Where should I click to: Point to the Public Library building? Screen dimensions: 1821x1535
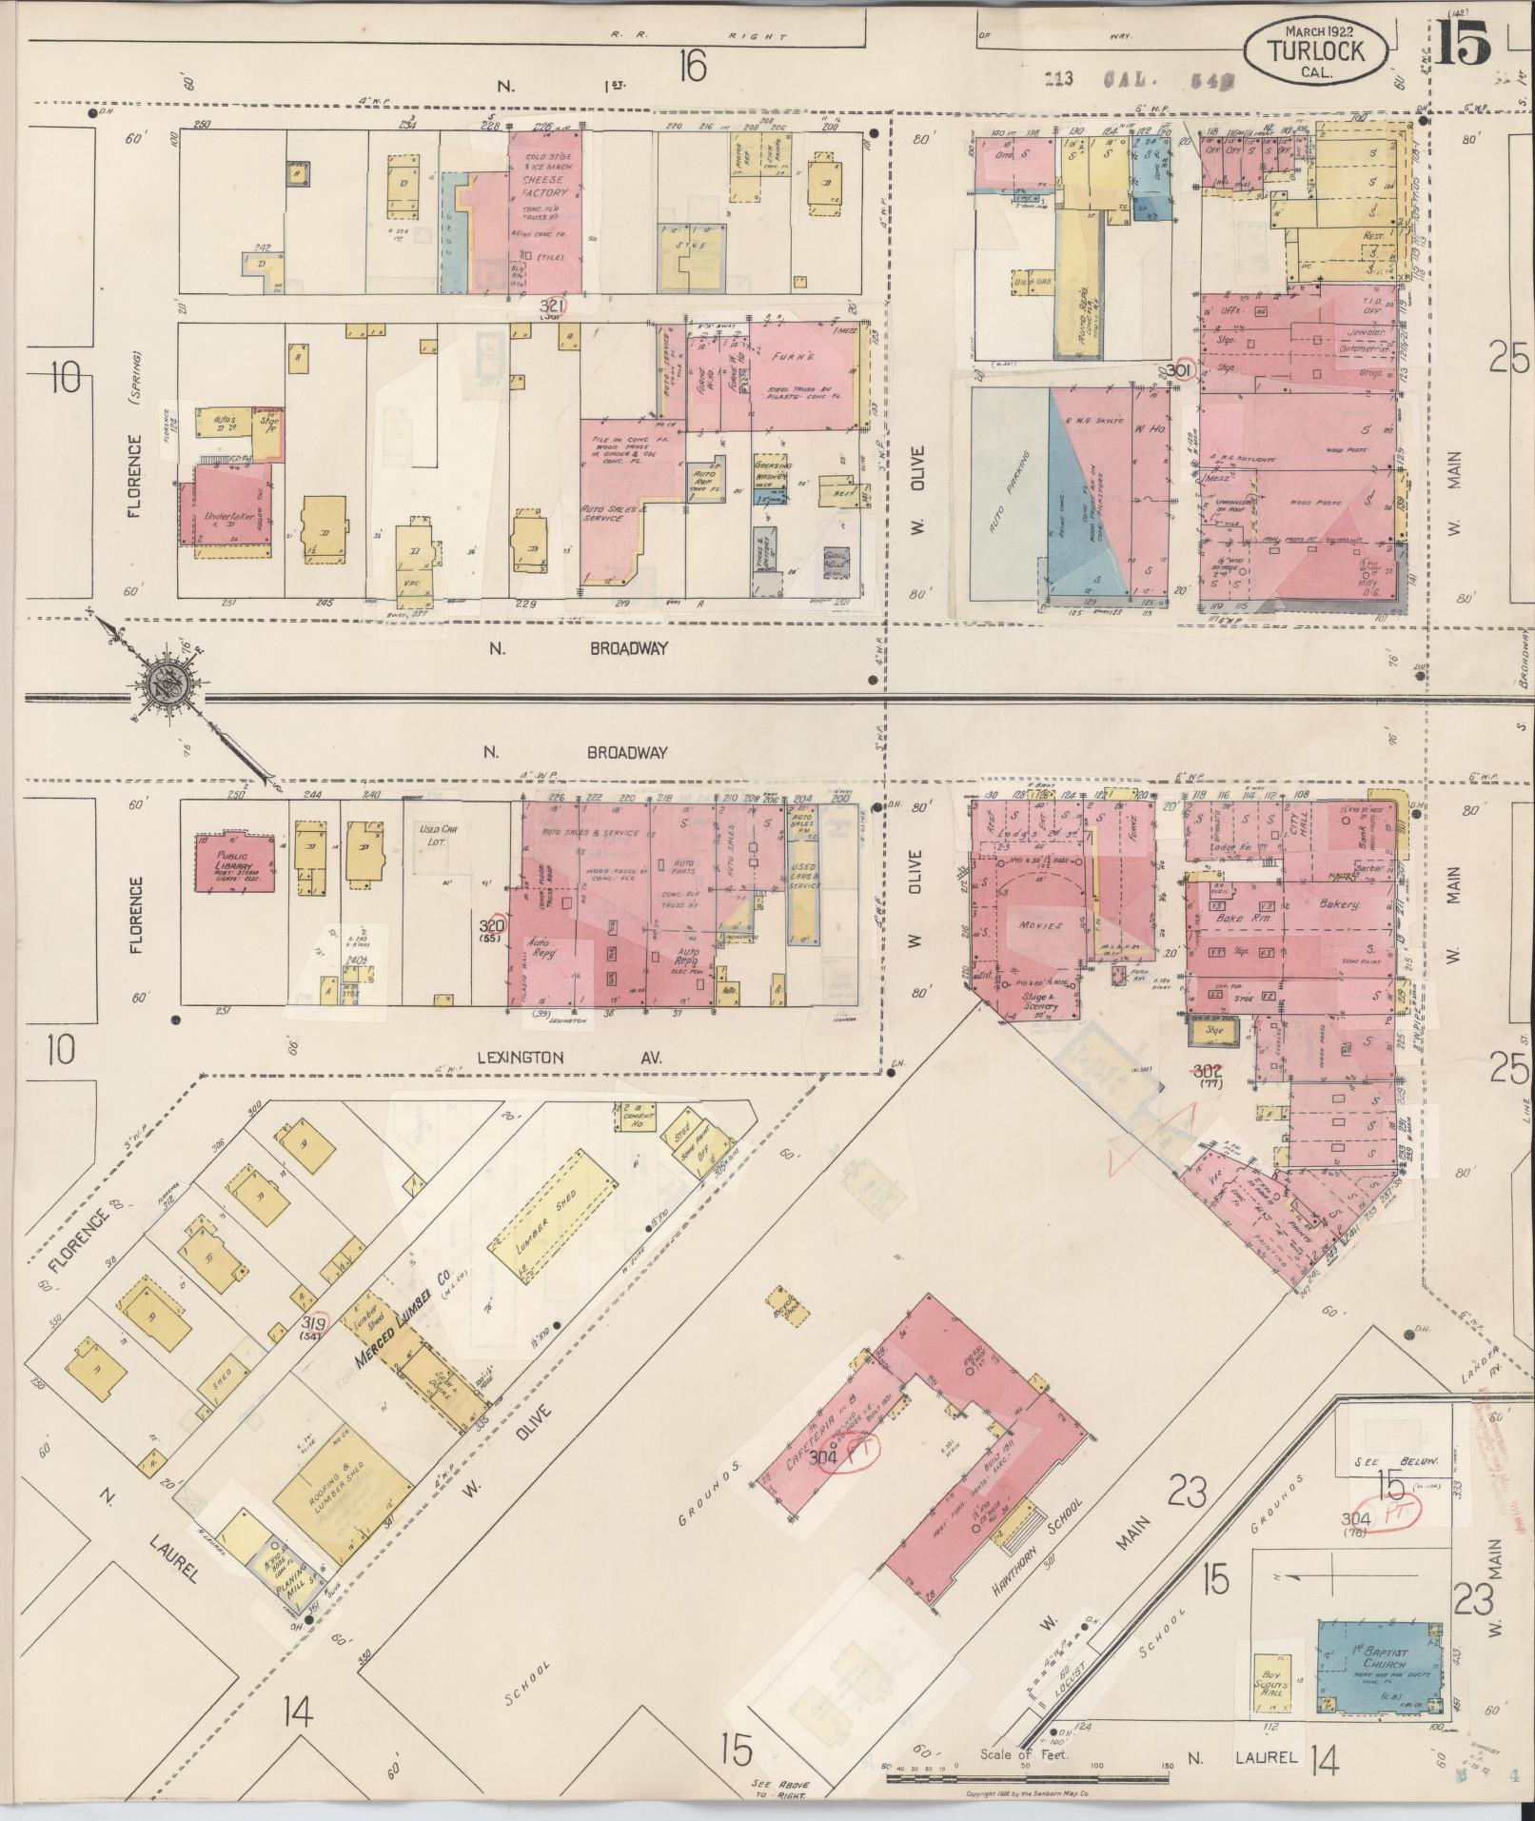click(x=234, y=862)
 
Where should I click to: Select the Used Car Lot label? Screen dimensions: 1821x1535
click(x=439, y=835)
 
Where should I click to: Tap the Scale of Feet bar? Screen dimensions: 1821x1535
click(x=1028, y=1776)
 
